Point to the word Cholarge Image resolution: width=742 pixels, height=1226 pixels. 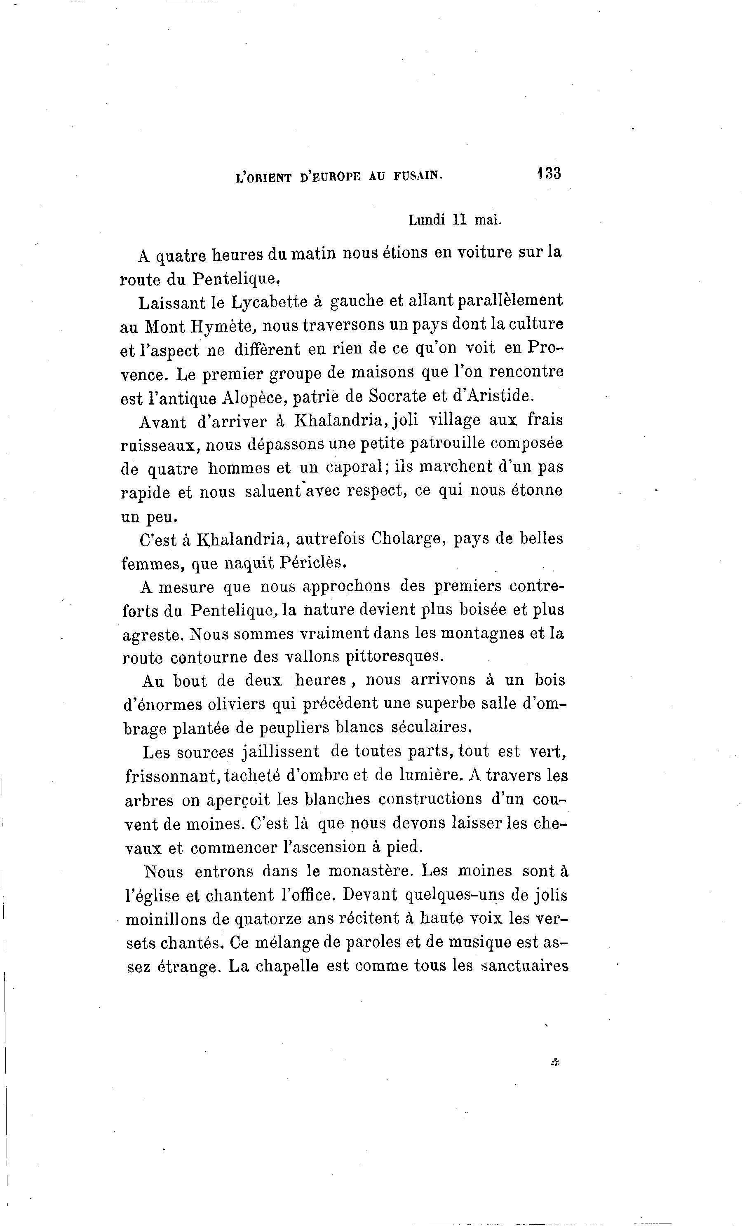click(407, 539)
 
